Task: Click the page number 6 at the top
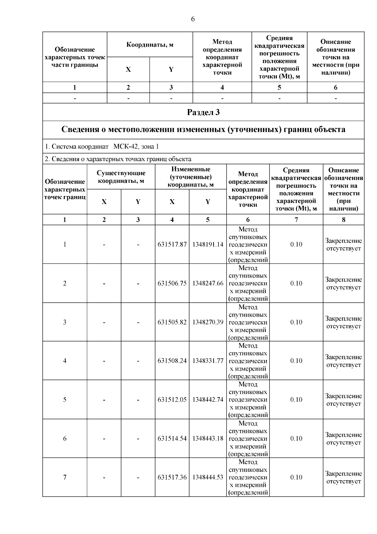193,19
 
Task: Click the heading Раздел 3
203,112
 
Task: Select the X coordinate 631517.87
172,245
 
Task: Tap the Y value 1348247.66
208,283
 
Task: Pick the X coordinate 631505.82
172,322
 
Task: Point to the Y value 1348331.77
208,361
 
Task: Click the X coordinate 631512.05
172,400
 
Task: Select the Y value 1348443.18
208,438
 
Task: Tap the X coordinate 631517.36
172,477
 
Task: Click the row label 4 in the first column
65,361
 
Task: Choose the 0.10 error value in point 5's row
296,400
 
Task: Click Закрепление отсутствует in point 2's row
343,283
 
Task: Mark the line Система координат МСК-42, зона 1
102,147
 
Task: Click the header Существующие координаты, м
121,177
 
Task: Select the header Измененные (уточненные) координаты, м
191,177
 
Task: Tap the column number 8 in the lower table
343,220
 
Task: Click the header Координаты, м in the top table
150,45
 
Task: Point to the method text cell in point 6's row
248,438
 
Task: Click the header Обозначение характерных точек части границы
75,57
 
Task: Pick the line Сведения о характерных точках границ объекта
118,159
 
